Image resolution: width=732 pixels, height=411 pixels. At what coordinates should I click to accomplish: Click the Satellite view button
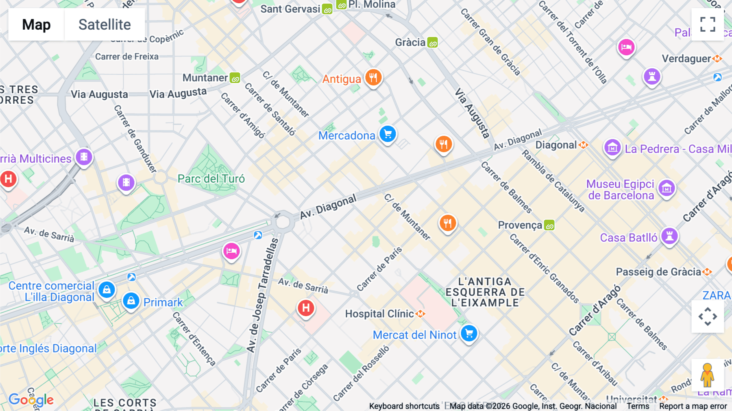[105, 24]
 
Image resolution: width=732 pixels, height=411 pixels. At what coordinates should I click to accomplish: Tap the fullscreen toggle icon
[708, 24]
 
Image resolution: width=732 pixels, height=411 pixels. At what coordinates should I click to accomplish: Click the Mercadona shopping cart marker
[388, 134]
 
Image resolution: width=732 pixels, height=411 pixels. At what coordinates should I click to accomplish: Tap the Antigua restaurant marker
[373, 77]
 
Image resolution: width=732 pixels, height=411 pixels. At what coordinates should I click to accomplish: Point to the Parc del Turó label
[211, 179]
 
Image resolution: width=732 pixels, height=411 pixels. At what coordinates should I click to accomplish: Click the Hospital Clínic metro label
[379, 314]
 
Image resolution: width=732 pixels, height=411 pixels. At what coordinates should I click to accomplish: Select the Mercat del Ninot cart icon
[469, 334]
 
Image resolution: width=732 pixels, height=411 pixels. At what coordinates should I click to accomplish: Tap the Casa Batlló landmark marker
[669, 236]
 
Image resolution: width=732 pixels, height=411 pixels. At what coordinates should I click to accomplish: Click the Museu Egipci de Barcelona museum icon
[667, 188]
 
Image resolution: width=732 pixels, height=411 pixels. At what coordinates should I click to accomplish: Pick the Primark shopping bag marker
[131, 301]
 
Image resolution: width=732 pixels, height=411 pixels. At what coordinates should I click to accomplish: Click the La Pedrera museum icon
[612, 148]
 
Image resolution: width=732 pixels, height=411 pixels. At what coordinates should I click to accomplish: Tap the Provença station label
[520, 225]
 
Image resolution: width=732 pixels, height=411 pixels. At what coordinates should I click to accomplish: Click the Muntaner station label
[205, 78]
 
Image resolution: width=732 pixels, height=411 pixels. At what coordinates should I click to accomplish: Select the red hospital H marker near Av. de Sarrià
[306, 308]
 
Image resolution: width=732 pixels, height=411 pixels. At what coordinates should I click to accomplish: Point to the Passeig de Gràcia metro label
[658, 272]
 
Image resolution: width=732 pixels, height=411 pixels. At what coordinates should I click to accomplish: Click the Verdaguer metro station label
[686, 59]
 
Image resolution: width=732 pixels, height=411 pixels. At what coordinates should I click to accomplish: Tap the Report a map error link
[693, 406]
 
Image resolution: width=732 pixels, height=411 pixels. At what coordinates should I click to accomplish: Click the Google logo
[31, 400]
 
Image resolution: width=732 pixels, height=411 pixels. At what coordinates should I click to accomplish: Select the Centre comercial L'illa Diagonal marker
[107, 290]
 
